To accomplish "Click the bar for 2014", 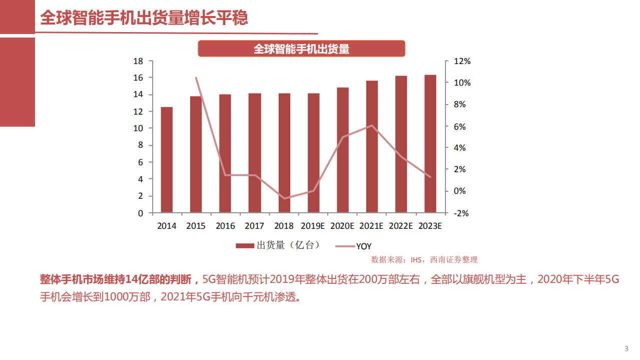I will [x=167, y=160].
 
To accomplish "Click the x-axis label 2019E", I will [x=313, y=226].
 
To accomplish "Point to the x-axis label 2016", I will [x=225, y=226].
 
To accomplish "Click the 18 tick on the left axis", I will [x=138, y=61].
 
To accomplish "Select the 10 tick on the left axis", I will [x=138, y=128].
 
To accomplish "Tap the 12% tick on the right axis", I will [x=462, y=61].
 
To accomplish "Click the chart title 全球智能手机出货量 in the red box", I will [x=301, y=49].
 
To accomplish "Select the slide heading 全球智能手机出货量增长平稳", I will [x=144, y=18].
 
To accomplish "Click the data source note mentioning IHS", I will [x=424, y=259].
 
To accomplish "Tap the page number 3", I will [x=626, y=348].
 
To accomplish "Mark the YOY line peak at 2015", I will [x=196, y=78].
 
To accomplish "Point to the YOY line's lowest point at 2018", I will [x=284, y=199].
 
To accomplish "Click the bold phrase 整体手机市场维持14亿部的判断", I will [x=119, y=279].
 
